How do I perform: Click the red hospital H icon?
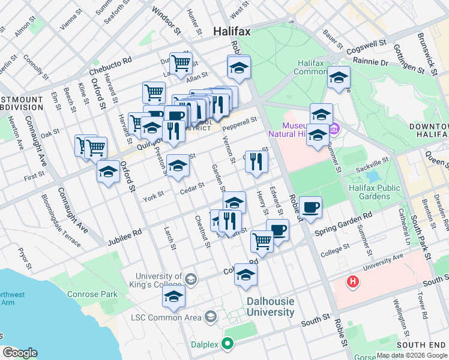pos(354,281)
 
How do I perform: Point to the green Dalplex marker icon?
pos(227,344)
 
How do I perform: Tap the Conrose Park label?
pos(92,295)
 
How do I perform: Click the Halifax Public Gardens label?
pos(375,193)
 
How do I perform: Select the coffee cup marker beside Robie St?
pos(310,208)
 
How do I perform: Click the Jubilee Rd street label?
pos(124,236)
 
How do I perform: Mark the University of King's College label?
pos(158,280)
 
